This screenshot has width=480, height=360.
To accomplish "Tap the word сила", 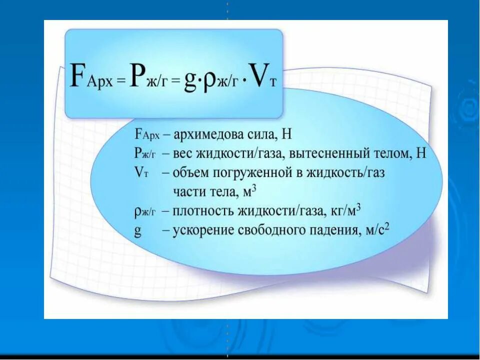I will coord(257,135).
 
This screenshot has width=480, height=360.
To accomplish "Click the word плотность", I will coord(201,211).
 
